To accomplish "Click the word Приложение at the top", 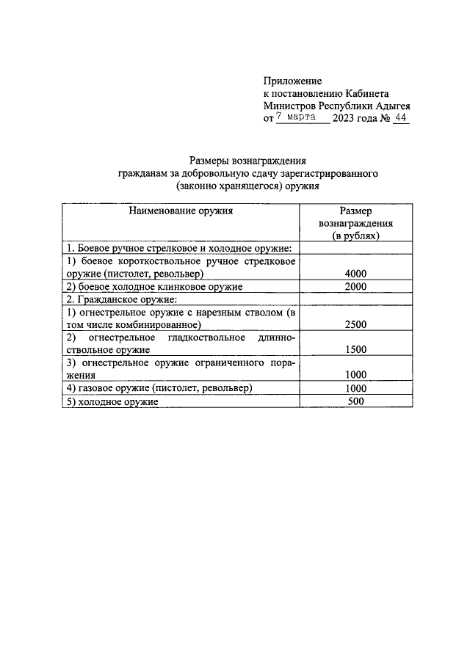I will click(292, 81).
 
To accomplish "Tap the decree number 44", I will click(400, 117).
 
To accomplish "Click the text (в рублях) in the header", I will click(355, 236).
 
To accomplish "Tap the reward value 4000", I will click(355, 274).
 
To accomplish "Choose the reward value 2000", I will click(355, 286).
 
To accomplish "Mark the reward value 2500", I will click(355, 324).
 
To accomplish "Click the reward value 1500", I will click(355, 350).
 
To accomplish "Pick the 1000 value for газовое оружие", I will click(355, 387).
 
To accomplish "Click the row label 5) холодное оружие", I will click(112, 401).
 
